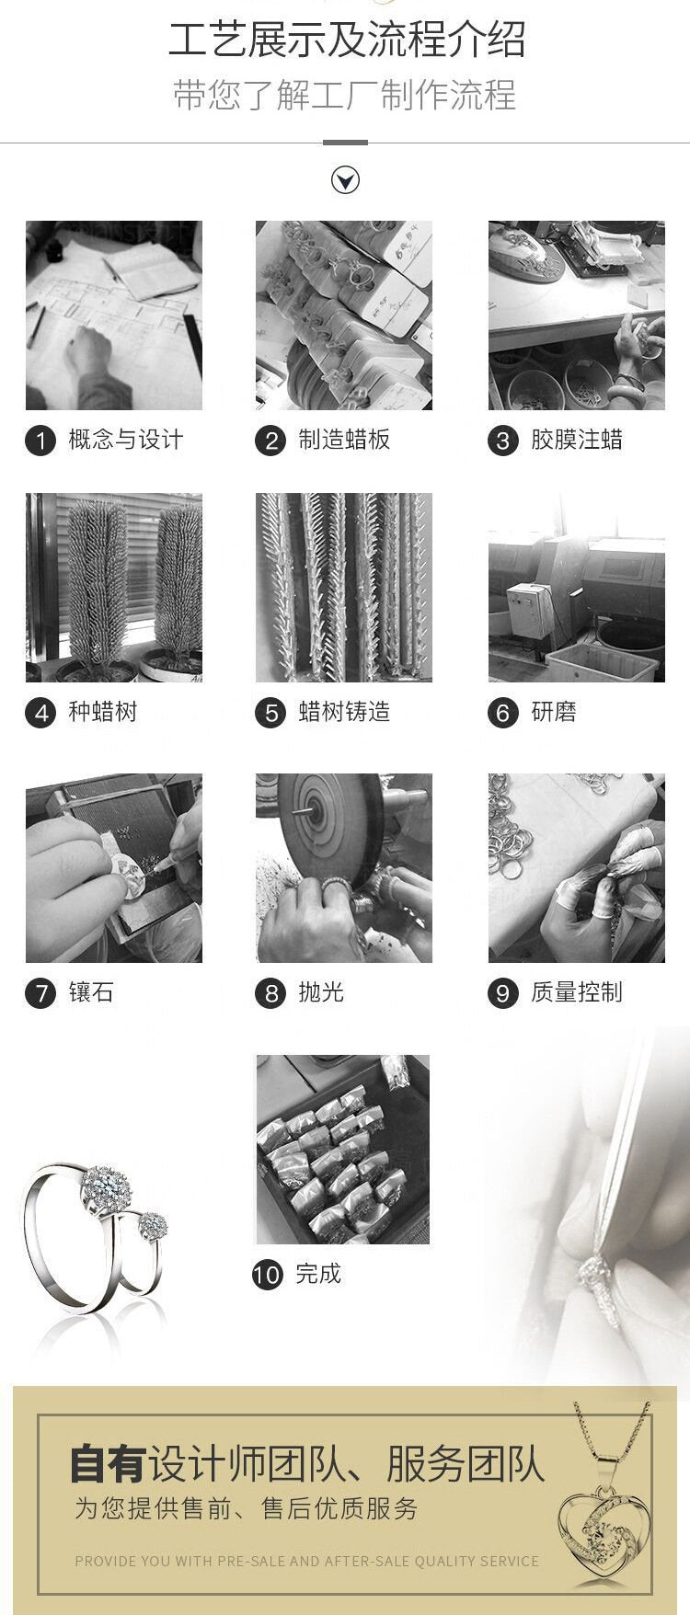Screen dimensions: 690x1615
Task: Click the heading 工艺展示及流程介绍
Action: (x=346, y=40)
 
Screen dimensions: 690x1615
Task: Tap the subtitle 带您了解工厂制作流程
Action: (x=345, y=96)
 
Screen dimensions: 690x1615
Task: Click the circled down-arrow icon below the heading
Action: (x=345, y=179)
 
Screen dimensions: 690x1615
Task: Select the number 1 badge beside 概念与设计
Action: (x=40, y=441)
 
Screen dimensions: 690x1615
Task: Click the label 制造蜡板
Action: (x=344, y=440)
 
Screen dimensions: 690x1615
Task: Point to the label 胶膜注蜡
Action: (x=577, y=440)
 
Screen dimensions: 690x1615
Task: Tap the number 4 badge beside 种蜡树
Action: (x=40, y=713)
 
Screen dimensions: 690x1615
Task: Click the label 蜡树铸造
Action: (x=344, y=712)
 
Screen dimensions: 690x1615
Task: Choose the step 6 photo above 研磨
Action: (x=577, y=588)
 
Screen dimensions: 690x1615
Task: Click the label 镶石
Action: (x=91, y=992)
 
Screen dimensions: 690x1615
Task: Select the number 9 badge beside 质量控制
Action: (x=502, y=993)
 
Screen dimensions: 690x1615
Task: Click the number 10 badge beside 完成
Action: (x=268, y=1275)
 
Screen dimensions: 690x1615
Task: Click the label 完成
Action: (x=318, y=1274)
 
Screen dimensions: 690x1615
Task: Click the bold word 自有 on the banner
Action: (x=108, y=1463)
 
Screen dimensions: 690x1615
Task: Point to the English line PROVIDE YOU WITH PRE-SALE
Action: (x=307, y=1561)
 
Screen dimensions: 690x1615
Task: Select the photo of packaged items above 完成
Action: (x=343, y=1150)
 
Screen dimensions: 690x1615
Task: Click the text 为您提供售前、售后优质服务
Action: (x=247, y=1508)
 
